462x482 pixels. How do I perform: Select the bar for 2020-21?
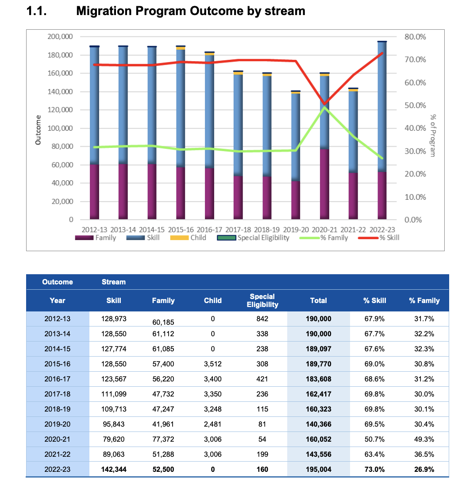pos(324,146)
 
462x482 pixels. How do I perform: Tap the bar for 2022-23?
pos(382,130)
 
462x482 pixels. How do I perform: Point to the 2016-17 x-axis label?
pos(209,229)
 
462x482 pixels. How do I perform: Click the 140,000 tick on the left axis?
pos(60,92)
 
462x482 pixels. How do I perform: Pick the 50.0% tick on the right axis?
pos(415,105)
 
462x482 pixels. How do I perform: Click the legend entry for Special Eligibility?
pos(253,237)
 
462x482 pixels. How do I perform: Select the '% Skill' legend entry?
pos(379,237)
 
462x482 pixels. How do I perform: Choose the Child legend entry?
pos(188,237)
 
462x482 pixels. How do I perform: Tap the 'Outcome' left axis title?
pos(38,130)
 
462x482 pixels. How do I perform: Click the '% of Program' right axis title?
pos(433,136)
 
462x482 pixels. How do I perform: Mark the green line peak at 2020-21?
pos(324,107)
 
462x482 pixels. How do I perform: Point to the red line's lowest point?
pos(324,104)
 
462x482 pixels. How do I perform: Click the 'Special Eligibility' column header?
pos(262,300)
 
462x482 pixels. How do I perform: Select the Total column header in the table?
pos(318,300)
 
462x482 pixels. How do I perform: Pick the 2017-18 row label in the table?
pos(58,394)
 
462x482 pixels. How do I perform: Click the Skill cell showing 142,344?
pos(114,470)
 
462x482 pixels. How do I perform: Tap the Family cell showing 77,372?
pos(163,439)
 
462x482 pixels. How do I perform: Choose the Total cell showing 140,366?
pos(318,424)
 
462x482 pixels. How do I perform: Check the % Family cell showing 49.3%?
pos(424,439)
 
